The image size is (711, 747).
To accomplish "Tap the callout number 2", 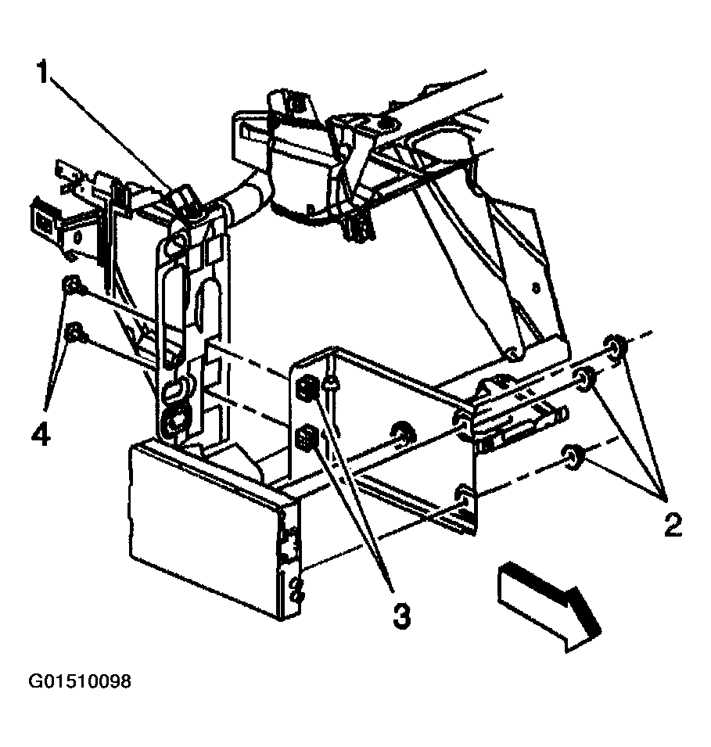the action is pos(673,525).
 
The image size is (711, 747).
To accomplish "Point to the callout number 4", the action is pos(41,434).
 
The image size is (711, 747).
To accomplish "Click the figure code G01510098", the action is pos(80,681).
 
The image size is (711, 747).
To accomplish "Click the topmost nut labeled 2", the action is pos(614,346).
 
